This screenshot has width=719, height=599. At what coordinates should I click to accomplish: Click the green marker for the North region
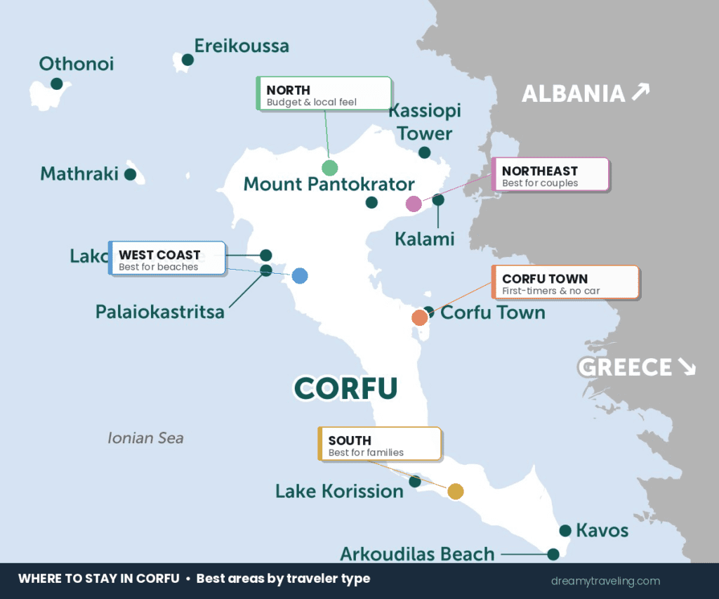[329, 168]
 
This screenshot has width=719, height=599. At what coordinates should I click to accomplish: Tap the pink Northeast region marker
[414, 204]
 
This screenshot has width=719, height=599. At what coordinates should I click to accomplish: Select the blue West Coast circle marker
[300, 276]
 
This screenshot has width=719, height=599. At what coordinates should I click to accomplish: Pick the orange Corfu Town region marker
[419, 317]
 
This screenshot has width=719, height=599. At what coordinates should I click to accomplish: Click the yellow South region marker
[456, 492]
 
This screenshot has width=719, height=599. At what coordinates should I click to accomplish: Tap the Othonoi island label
[76, 64]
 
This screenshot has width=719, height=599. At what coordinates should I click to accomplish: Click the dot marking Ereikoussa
[187, 60]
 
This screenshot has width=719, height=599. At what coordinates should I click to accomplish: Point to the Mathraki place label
[79, 173]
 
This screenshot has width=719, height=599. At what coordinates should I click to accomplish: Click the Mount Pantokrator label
[329, 184]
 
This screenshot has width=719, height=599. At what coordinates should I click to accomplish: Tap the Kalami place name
[424, 239]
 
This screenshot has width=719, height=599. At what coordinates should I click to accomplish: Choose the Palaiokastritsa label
[160, 311]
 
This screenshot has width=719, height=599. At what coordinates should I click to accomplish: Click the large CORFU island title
[345, 388]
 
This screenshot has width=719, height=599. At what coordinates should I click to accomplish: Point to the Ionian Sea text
[145, 438]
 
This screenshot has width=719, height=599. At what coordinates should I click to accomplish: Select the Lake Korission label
[339, 491]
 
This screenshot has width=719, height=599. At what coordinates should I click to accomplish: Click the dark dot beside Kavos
[565, 530]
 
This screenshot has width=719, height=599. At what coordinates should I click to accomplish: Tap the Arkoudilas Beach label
[417, 554]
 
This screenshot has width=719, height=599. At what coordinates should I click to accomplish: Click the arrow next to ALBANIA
[640, 92]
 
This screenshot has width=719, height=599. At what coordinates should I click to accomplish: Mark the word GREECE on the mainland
[624, 367]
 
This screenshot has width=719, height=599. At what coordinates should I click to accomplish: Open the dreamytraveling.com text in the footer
[605, 581]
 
